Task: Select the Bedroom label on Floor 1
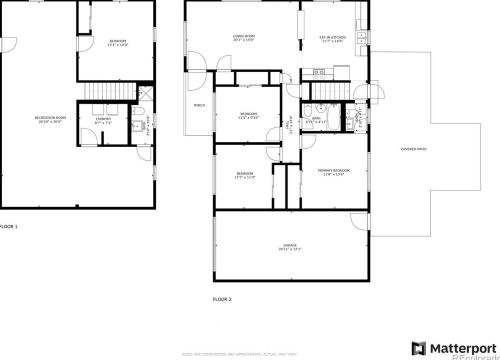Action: (118, 42)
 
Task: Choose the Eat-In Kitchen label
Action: (329, 39)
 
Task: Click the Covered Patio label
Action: (413, 149)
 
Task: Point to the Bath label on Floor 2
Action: (316, 120)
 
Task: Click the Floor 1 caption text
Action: (9, 227)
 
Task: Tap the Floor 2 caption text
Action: (222, 299)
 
